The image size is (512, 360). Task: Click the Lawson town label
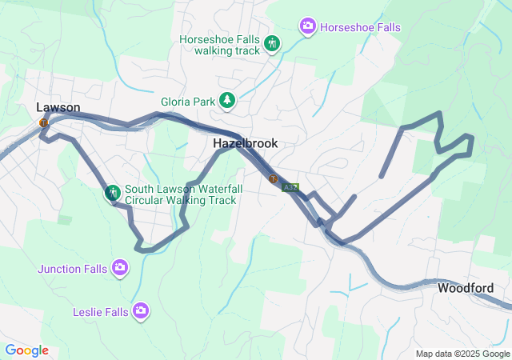coord(58,107)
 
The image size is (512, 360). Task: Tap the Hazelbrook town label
coord(246,143)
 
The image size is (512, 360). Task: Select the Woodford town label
coord(465,288)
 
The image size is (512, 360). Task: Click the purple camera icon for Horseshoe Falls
coord(308,27)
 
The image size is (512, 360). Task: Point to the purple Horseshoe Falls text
coord(360,27)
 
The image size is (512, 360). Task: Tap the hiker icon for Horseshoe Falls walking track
coord(272,43)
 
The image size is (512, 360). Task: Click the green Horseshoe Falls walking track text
coord(220,44)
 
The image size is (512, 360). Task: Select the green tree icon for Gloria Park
coord(228,100)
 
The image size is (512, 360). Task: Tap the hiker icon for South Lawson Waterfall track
coord(113,193)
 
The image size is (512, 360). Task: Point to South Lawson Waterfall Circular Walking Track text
coord(180,194)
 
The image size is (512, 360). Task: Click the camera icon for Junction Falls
coord(119,266)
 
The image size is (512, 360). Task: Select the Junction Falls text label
coord(72,269)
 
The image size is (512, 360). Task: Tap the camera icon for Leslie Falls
coord(141,310)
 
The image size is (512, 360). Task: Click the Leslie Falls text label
coord(100,311)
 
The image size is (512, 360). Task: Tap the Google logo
coord(26,350)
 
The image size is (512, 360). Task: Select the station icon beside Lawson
coord(43,122)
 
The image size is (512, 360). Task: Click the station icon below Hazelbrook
coord(274,178)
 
